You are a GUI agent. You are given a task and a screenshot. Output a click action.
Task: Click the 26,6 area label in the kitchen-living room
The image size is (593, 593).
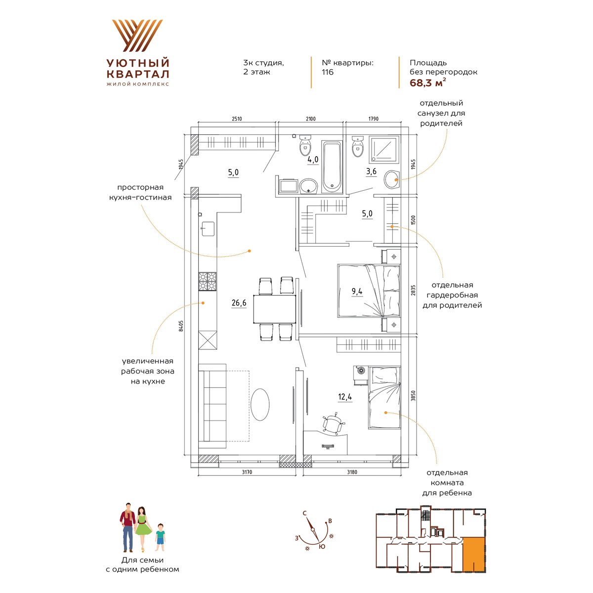pos(239,303)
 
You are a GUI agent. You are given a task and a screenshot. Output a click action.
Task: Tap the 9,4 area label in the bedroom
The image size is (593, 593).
pos(357,291)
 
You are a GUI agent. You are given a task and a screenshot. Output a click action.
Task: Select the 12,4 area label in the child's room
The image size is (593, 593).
pos(345,397)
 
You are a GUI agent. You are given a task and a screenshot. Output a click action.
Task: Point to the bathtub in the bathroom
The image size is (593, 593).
pos(332,167)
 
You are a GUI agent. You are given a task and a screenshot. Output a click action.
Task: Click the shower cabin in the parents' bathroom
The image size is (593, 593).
pos(384,150)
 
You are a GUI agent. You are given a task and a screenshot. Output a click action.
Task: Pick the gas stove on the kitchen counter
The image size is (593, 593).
pos(208,281)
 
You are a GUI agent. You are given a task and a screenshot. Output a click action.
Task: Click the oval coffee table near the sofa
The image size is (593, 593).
pos(260,404)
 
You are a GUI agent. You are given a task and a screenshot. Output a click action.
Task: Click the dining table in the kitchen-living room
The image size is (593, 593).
pos(274,309)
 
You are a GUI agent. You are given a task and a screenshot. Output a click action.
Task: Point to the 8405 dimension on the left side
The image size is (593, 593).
pos(181,326)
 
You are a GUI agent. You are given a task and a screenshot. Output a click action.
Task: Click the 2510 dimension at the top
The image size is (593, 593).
pos(237,119)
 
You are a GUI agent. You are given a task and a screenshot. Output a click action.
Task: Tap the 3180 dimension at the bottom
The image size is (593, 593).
pos(352,472)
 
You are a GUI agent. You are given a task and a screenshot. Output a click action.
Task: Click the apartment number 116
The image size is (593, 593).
pos(328,72)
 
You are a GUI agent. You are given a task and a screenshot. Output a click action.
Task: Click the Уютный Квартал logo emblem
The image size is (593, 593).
pos(137,36)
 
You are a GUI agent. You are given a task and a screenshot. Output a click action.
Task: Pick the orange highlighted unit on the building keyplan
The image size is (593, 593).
pos(473,553)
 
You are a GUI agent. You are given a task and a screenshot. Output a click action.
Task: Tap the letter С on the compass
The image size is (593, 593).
pos(305,513)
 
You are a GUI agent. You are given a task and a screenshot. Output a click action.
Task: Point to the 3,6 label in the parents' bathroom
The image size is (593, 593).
pos(371,171)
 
